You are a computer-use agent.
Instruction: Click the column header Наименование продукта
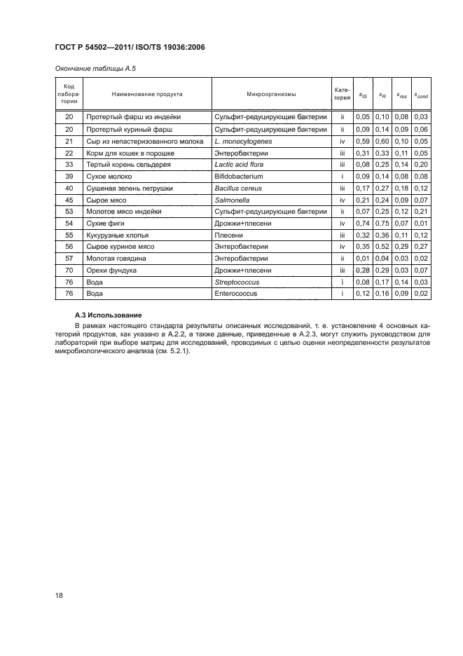[147, 94]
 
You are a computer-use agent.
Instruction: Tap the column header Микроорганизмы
[271, 94]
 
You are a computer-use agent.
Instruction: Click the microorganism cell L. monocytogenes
[243, 141]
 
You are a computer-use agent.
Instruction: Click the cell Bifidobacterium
[239, 177]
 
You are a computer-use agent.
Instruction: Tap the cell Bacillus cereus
[238, 188]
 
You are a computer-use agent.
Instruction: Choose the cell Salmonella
[233, 200]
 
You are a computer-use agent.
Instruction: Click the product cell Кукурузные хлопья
[117, 235]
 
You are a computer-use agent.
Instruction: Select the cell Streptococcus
[237, 282]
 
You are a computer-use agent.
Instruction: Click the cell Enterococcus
[236, 294]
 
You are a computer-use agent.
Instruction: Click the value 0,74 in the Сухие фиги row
[362, 223]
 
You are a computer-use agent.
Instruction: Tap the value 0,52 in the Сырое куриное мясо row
[382, 247]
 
